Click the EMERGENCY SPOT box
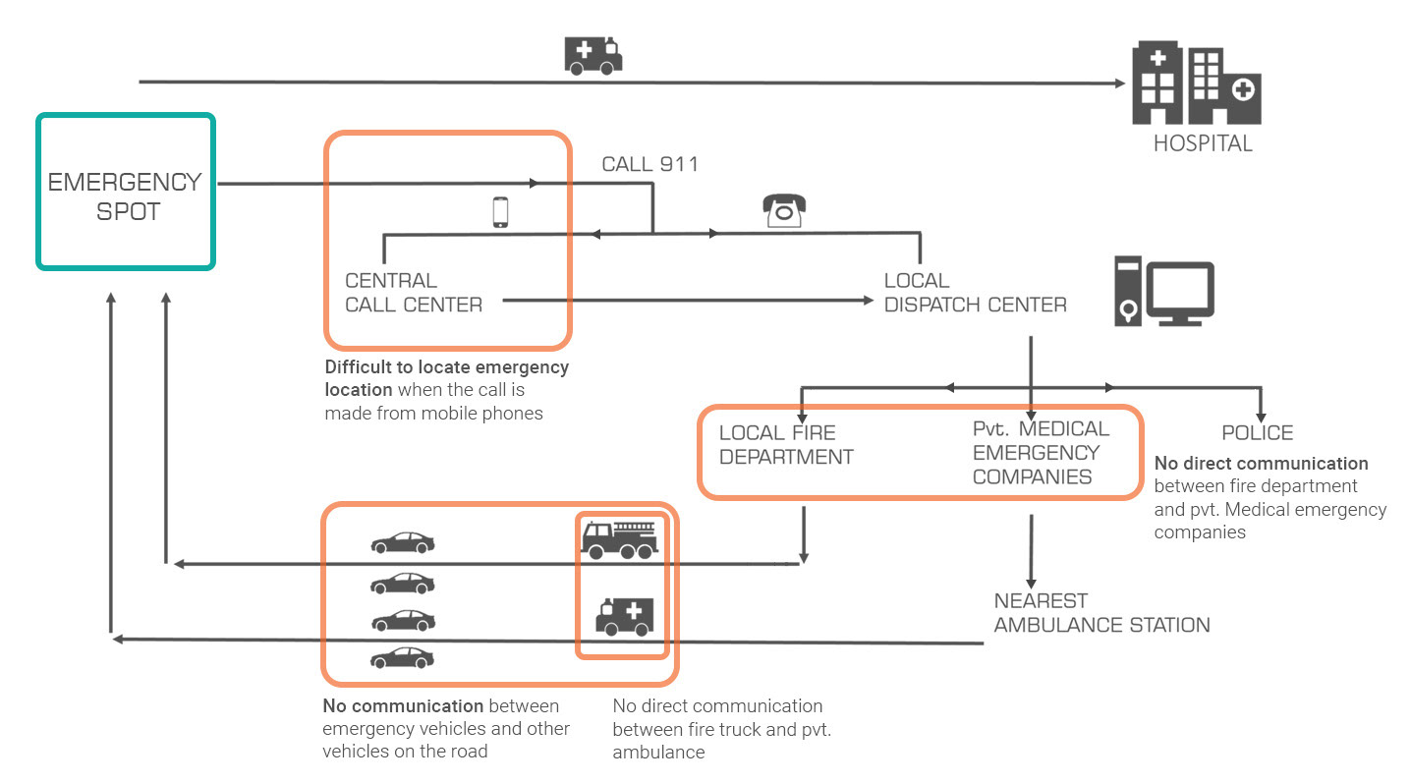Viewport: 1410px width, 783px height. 125,192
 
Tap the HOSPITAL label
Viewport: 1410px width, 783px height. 1203,143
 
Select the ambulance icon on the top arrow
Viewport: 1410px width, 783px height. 593,55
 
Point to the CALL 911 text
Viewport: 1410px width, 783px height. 649,164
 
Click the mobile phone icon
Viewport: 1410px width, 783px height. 500,212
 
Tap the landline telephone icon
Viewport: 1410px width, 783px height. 784,209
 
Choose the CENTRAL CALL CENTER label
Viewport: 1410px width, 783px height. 414,293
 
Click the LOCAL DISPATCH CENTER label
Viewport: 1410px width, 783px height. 975,293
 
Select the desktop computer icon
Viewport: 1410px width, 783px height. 1164,291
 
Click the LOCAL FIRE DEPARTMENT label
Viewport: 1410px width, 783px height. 786,445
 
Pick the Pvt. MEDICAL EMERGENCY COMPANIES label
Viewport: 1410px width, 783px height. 1041,453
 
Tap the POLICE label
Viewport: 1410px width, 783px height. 1257,433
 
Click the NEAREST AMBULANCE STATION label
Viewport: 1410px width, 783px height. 1101,613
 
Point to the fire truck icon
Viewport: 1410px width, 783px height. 619,539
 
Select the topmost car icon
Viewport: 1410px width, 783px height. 402,542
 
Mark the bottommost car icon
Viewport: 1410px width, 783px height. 402,657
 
